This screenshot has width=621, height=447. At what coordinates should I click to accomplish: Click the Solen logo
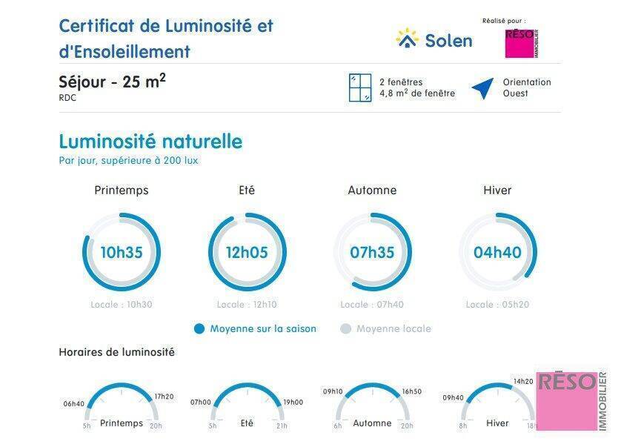[434, 39]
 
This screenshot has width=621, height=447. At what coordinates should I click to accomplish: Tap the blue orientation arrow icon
[483, 88]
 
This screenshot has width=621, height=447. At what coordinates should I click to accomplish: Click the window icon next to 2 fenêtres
[359, 88]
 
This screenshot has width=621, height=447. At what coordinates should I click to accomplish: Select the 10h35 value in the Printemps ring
[122, 252]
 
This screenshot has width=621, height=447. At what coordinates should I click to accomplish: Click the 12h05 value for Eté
[247, 252]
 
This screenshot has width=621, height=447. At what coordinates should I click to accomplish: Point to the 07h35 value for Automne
[372, 252]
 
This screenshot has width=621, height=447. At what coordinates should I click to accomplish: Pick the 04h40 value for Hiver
[497, 252]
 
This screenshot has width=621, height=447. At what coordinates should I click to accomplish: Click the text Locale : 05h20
[497, 305]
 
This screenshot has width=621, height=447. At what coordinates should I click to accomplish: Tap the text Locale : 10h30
[122, 305]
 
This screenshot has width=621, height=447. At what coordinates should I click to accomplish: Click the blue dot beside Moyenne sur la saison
[199, 329]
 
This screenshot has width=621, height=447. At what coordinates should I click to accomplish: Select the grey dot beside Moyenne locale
[345, 329]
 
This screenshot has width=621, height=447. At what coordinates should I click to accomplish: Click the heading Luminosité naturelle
[150, 142]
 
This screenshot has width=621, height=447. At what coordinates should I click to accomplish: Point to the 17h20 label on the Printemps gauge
[165, 397]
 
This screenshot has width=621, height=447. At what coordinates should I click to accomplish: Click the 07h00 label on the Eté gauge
[200, 403]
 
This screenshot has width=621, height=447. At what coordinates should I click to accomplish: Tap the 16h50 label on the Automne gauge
[412, 391]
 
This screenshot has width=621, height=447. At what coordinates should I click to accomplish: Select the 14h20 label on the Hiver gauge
[523, 382]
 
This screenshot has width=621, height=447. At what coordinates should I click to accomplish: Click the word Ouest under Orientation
[516, 94]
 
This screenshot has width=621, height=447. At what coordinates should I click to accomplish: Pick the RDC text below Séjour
[67, 98]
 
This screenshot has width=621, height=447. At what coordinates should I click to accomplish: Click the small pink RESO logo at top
[521, 43]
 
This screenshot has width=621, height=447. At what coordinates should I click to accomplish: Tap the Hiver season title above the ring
[497, 191]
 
